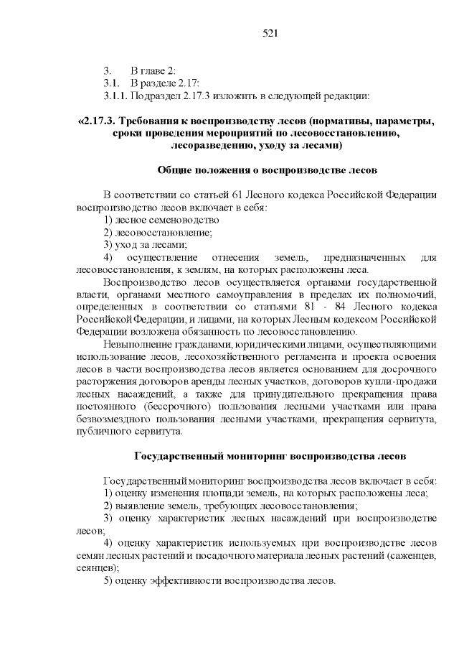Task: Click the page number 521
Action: coord(270,34)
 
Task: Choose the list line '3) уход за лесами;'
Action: coord(141,244)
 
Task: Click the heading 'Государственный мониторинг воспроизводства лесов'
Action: coord(270,456)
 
